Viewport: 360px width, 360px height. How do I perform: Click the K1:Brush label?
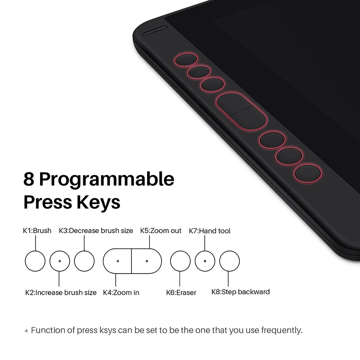point(37,230)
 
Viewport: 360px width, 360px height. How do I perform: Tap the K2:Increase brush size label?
point(61,292)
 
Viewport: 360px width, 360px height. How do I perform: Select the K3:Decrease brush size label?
point(96,230)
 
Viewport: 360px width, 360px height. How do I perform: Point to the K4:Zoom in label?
point(121,292)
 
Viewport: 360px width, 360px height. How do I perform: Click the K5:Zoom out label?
point(161,230)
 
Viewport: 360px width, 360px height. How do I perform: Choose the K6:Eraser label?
point(181,292)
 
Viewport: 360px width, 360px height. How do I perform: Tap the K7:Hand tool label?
point(210,231)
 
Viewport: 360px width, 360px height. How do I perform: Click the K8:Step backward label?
point(241,292)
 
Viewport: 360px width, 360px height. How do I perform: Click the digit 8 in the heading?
point(29,179)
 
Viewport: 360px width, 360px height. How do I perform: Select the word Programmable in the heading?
point(107,181)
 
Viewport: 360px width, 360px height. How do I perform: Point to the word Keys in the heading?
point(98,202)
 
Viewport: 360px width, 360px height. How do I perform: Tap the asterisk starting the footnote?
point(27,331)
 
